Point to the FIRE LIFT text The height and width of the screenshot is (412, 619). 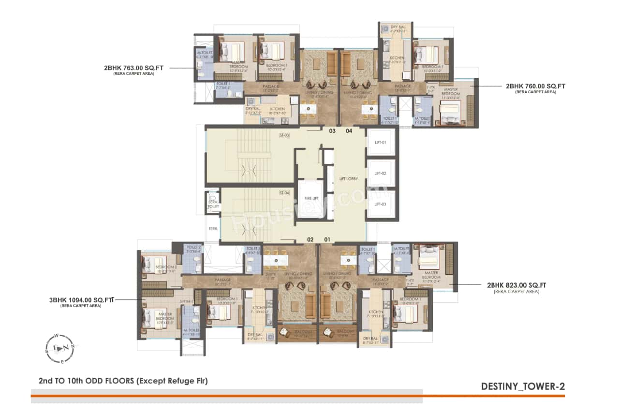pos(311,199)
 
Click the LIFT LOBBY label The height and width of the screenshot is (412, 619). pos(349,179)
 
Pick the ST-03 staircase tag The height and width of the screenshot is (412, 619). pos(284,135)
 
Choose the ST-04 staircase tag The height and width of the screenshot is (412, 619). pos(284,193)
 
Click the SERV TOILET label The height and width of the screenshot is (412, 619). pos(213,204)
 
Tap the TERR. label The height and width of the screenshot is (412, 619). pos(213,229)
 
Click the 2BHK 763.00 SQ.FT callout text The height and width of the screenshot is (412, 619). pos(133,68)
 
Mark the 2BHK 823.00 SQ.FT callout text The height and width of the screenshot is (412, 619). pos(517,285)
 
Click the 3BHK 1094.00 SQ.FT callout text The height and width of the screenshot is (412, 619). pos(81,300)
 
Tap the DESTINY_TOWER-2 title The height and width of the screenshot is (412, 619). pos(523,386)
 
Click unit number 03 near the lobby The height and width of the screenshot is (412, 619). pos(332,131)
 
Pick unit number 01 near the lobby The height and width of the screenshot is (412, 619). pos(327,239)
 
